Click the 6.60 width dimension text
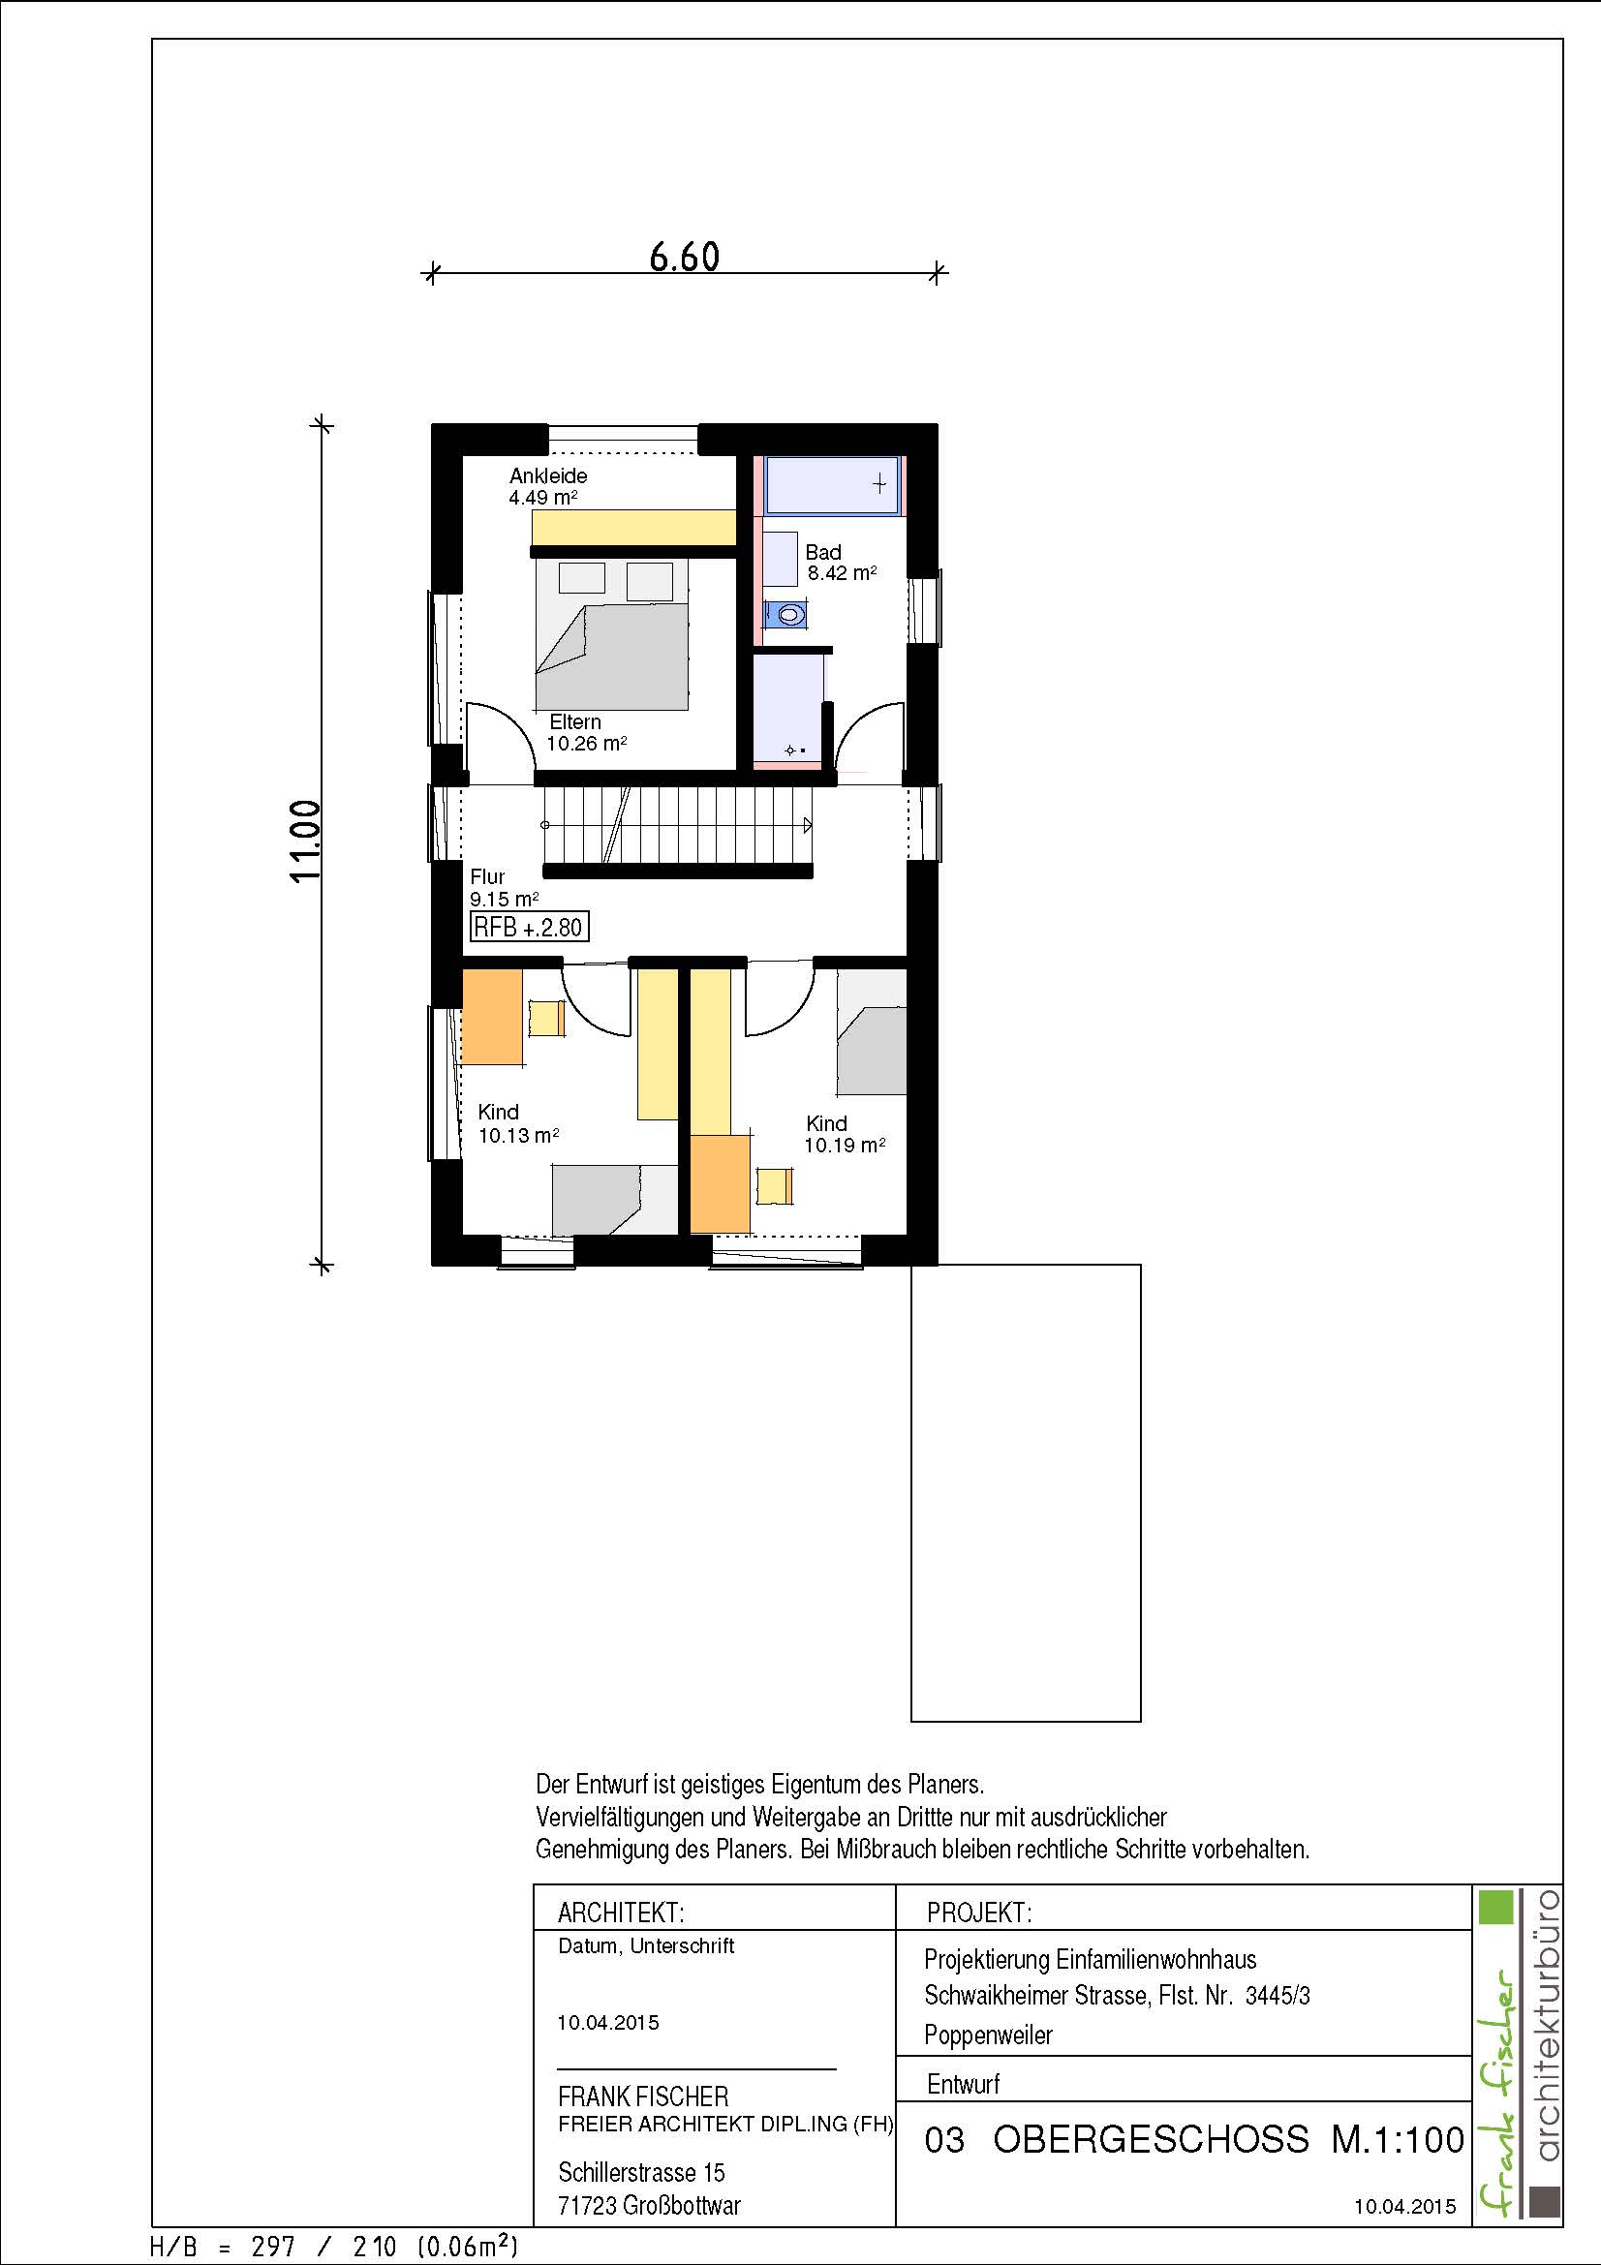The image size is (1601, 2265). pyautogui.click(x=685, y=257)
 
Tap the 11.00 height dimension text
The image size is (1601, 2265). pyautogui.click(x=306, y=841)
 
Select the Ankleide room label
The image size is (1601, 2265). pyautogui.click(x=548, y=475)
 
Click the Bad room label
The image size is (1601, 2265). pyautogui.click(x=822, y=552)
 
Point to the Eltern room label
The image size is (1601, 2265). pyautogui.click(x=575, y=722)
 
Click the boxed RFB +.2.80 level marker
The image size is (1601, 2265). pyautogui.click(x=530, y=927)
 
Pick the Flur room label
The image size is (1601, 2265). pyautogui.click(x=487, y=876)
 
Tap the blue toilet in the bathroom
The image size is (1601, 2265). pyautogui.click(x=785, y=615)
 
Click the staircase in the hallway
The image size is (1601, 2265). pyautogui.click(x=678, y=826)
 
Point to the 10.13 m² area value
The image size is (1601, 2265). pyautogui.click(x=519, y=1136)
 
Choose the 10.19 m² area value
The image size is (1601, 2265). pyautogui.click(x=845, y=1146)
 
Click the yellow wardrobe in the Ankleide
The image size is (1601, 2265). pyautogui.click(x=634, y=527)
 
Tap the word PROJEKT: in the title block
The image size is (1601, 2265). pyautogui.click(x=978, y=1913)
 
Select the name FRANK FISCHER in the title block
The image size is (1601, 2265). pyautogui.click(x=643, y=2097)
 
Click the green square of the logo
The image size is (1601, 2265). pyautogui.click(x=1495, y=1907)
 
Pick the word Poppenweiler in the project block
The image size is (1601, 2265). pyautogui.click(x=989, y=2035)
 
